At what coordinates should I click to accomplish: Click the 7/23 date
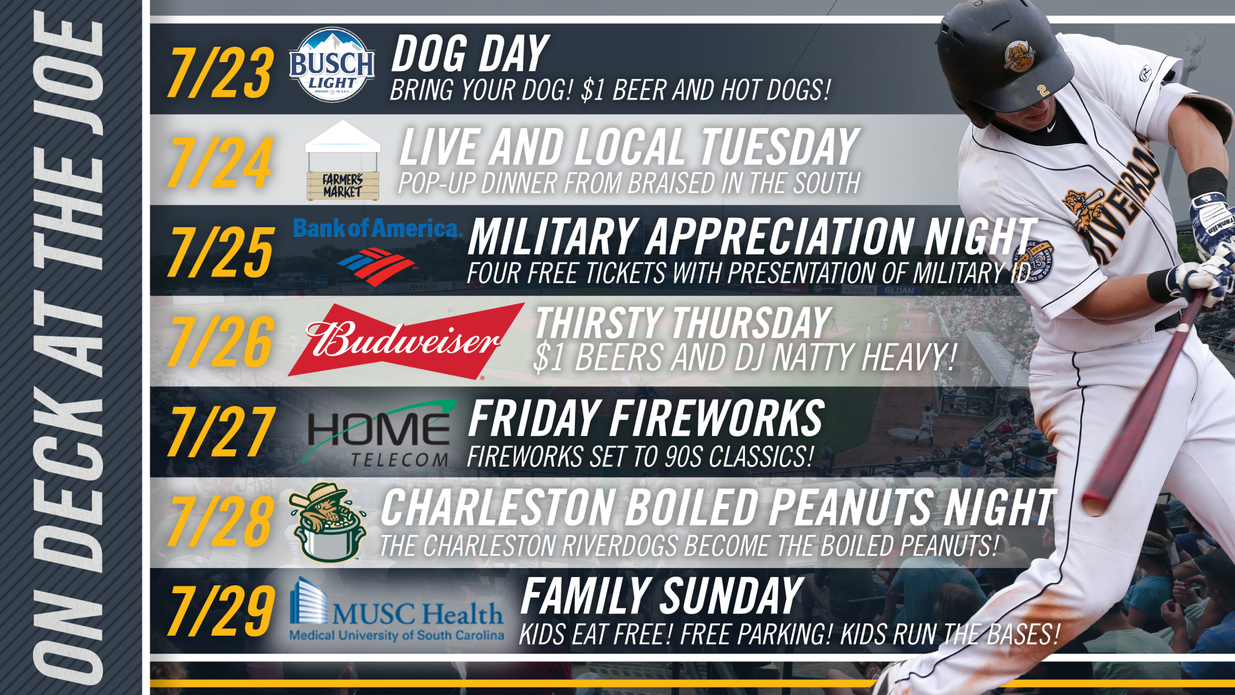(220, 73)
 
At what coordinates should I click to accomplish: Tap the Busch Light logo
(332, 65)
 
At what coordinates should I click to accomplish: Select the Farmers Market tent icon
(342, 161)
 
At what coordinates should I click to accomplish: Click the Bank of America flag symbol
(375, 266)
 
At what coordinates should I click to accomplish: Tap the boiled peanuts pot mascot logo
(328, 522)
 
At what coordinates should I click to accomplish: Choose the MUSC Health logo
(396, 610)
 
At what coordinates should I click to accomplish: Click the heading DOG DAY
(470, 54)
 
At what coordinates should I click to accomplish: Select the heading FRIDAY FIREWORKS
(646, 418)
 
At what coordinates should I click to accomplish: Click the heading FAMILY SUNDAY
(662, 597)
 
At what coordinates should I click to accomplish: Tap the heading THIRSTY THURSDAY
(684, 323)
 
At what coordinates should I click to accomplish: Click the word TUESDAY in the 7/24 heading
(780, 147)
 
